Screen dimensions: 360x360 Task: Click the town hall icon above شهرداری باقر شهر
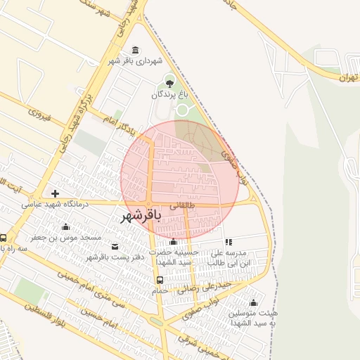point(135,49)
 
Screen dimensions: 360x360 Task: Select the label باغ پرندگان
point(169,94)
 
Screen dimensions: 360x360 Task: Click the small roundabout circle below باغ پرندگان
point(182,110)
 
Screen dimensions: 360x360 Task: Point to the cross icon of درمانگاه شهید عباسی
point(56,193)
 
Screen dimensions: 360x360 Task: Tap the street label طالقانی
point(182,205)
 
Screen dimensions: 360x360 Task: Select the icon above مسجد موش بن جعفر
point(66,226)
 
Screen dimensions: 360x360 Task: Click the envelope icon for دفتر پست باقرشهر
point(115,247)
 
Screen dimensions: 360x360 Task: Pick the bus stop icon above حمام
point(160,280)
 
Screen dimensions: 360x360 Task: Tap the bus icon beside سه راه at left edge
point(4,238)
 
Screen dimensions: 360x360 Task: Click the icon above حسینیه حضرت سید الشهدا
point(173,242)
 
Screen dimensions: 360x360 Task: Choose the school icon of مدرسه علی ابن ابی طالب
point(229,242)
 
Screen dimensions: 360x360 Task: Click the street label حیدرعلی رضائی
point(206,287)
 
